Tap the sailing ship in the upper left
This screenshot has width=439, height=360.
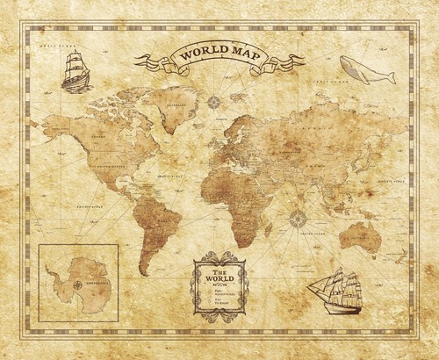(x=76, y=70)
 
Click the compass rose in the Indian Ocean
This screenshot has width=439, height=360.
(x=298, y=219)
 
